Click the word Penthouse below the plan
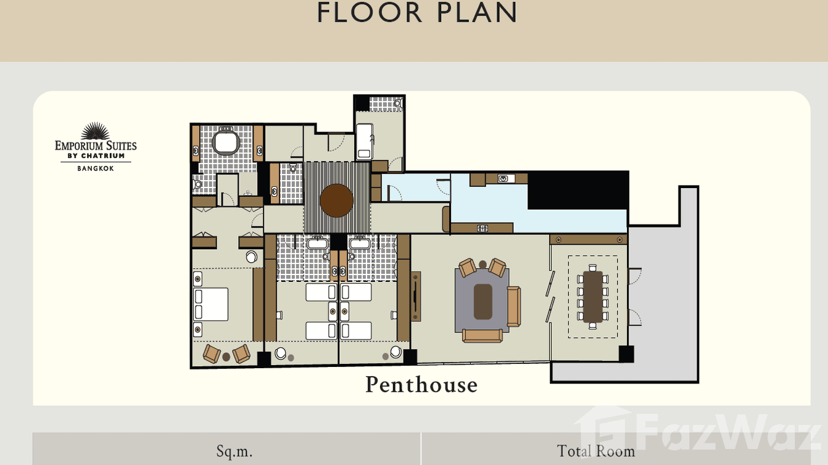pos(421,385)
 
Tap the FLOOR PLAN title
pos(417,14)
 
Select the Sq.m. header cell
pos(234,451)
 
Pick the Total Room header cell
pos(595,451)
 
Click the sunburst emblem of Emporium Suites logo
pos(96,131)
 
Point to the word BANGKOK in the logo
pos(96,168)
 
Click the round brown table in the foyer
pos(337,200)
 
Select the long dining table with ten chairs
pos(593,297)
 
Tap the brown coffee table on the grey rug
pos(483,302)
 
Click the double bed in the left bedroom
pos(211,304)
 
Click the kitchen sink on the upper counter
pos(506,179)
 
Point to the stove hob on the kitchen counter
pos(482,228)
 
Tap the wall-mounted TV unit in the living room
pos(416,297)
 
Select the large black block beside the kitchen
pos(578,191)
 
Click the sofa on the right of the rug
pos(513,307)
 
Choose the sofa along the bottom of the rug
pos(482,335)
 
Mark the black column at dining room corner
pos(626,354)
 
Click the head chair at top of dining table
pos(593,268)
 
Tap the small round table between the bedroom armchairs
pos(226,356)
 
